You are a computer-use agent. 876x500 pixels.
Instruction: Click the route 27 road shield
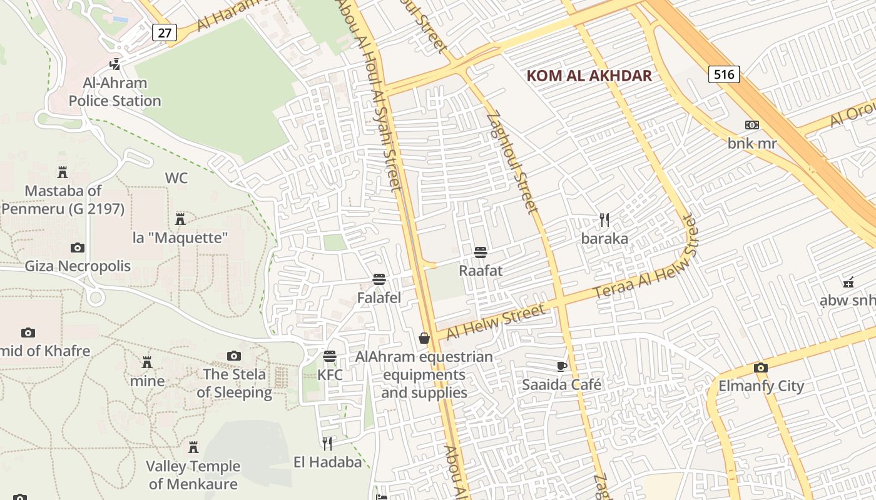tap(164, 32)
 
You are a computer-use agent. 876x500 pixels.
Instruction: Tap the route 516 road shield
tap(724, 74)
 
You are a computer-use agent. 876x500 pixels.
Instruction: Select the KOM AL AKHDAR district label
tap(589, 76)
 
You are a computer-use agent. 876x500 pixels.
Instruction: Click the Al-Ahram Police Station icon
tap(115, 64)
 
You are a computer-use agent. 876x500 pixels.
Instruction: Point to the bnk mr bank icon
tap(752, 125)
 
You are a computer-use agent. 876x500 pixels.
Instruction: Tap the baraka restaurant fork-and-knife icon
tap(604, 220)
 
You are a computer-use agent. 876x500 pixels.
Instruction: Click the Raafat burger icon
tap(481, 252)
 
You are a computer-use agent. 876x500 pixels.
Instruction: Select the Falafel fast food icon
tap(379, 279)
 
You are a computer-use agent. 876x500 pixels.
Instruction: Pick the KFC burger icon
tap(330, 356)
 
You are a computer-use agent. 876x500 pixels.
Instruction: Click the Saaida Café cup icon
tap(562, 366)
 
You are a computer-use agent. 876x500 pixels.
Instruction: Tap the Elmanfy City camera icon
tap(760, 367)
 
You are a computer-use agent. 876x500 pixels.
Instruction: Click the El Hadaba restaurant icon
tap(327, 444)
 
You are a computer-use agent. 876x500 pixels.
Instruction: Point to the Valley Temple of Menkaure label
tap(193, 475)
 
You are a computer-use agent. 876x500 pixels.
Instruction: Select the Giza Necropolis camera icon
tap(78, 247)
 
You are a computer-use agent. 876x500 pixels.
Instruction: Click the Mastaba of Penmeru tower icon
tap(63, 172)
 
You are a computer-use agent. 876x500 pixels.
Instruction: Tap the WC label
tap(176, 178)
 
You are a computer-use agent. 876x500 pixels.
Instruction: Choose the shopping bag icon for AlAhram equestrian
tap(424, 338)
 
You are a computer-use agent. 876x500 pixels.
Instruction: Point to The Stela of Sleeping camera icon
tap(234, 356)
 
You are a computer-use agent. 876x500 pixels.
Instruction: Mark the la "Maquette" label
tap(180, 237)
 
